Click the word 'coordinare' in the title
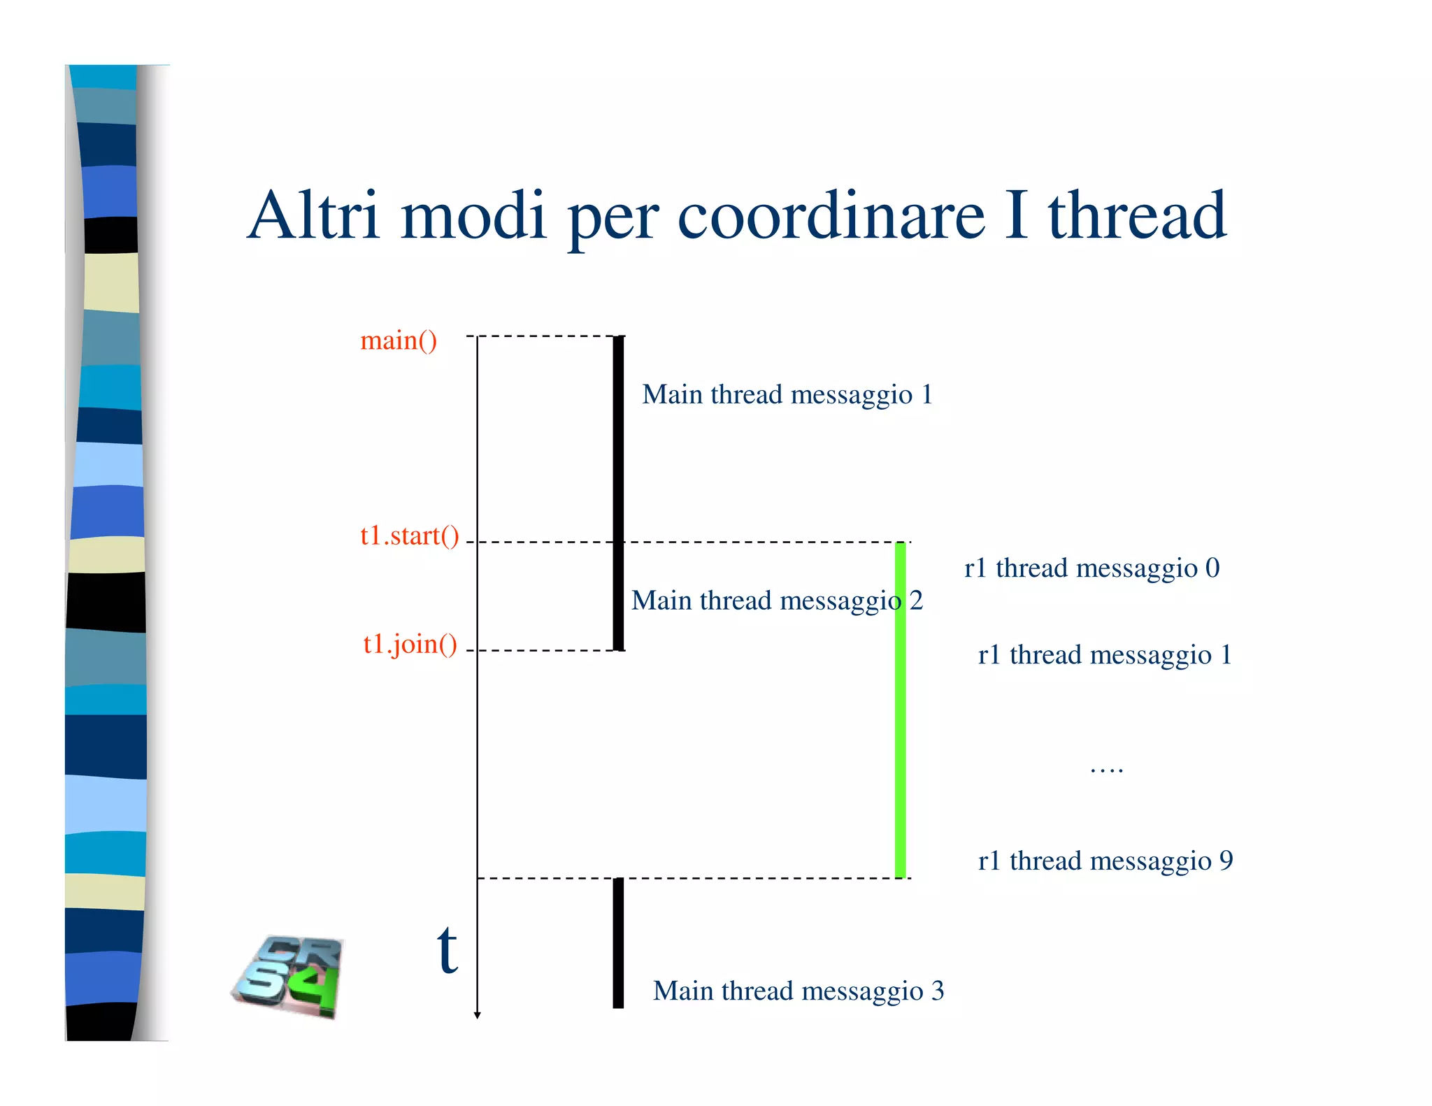pyautogui.click(x=831, y=216)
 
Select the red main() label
pyautogui.click(x=399, y=340)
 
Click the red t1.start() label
pyautogui.click(x=410, y=536)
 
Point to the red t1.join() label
pyautogui.click(x=410, y=644)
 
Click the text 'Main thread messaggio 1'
pyautogui.click(x=787, y=395)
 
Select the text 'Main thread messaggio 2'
pyautogui.click(x=777, y=601)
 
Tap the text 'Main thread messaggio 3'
pyautogui.click(x=799, y=991)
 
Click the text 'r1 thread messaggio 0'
pyautogui.click(x=1091, y=568)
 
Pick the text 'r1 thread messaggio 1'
pyautogui.click(x=1105, y=655)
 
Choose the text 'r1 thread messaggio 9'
pyautogui.click(x=1105, y=861)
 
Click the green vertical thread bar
pyautogui.click(x=901, y=710)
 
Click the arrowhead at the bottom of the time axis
pyautogui.click(x=478, y=1015)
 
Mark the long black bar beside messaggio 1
pyautogui.click(x=618, y=493)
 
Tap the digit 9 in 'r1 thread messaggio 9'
pyautogui.click(x=1226, y=861)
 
